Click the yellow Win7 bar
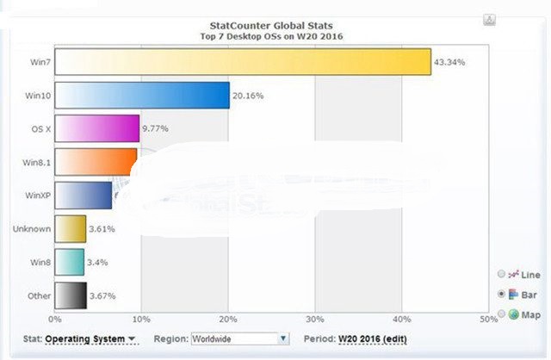coord(243,62)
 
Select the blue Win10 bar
coord(142,95)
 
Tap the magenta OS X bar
coord(97,128)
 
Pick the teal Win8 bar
coord(70,261)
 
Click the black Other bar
coord(71,295)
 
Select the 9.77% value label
coord(156,128)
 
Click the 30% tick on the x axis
coord(315,319)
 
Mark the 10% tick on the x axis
coord(141,319)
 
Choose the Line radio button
coord(502,275)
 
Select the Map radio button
coord(502,314)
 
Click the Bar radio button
coord(502,295)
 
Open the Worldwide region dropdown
coord(239,339)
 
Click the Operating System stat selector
coord(90,339)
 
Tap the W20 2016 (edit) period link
coord(373,339)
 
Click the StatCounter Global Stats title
coord(271,26)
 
